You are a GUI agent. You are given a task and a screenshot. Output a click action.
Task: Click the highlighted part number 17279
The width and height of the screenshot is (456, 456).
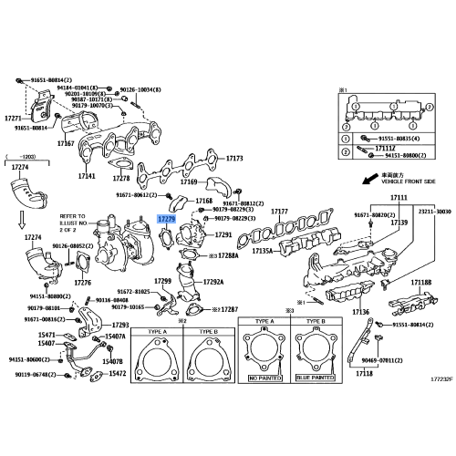167,220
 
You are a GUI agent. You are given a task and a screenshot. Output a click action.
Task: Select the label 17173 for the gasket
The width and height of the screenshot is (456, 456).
234,159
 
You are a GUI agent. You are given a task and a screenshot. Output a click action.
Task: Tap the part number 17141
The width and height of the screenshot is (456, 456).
87,175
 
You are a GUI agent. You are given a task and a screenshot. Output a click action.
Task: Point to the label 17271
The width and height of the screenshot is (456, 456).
12,118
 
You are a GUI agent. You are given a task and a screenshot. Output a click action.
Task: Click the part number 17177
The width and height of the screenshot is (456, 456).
279,211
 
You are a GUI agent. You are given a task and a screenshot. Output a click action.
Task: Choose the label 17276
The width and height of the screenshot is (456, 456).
82,284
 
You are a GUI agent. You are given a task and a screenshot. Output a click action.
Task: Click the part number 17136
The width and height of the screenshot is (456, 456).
361,312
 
